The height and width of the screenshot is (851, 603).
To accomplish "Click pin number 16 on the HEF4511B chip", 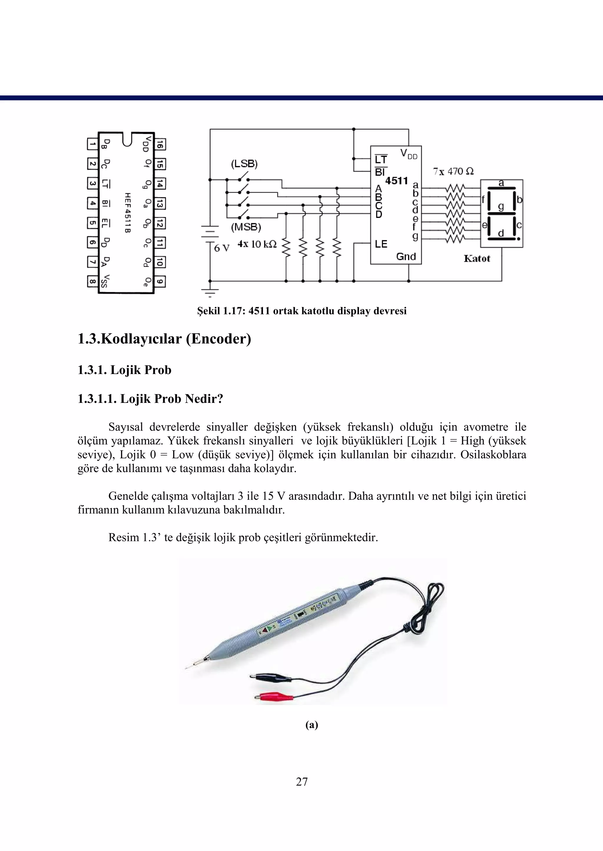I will point(160,144).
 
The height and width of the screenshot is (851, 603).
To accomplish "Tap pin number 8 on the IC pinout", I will point(92,282).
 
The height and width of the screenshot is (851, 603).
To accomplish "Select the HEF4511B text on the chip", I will point(127,213).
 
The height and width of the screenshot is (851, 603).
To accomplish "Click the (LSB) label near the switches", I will point(244,164).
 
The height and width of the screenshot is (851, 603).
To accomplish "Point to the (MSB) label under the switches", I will point(246,227).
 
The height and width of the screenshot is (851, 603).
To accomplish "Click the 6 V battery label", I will point(222,248).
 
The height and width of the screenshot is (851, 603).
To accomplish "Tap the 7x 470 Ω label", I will point(453,172).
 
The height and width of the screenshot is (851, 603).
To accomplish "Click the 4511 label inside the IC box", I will point(396,181).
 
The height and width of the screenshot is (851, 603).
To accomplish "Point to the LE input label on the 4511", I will point(381,244).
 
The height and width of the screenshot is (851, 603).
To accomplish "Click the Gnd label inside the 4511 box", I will point(406,256).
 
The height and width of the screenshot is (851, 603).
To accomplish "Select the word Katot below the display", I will point(477,259).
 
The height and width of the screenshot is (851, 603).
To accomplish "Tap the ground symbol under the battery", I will point(210,292).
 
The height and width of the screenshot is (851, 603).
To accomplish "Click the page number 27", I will point(301,782).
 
